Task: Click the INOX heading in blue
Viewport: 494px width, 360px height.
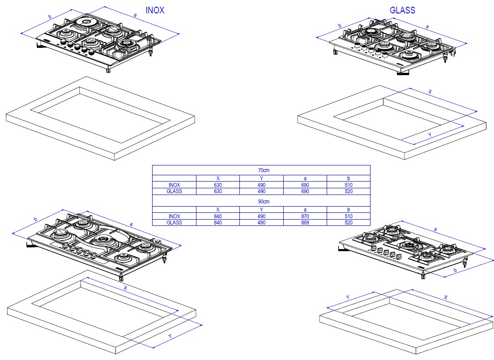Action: (155, 10)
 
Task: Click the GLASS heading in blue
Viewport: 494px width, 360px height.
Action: (402, 10)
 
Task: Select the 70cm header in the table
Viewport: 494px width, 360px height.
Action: (264, 170)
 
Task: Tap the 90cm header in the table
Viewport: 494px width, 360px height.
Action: (264, 202)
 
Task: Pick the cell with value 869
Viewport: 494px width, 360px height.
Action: (305, 223)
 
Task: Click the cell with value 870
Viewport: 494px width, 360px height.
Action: (305, 216)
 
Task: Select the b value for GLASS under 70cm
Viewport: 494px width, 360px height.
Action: (349, 191)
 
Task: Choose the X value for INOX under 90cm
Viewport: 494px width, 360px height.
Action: (218, 216)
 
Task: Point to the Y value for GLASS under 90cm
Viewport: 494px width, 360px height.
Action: (261, 223)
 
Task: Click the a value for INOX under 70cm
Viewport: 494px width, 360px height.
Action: (305, 185)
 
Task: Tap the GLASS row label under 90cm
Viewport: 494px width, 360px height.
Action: (174, 223)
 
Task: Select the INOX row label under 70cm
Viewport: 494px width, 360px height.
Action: (174, 185)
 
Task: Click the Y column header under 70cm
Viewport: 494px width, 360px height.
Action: (261, 178)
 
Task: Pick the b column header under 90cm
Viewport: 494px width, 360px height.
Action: (349, 209)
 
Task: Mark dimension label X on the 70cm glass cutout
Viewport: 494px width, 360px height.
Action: (430, 92)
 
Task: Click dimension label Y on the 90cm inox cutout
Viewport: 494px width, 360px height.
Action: (170, 336)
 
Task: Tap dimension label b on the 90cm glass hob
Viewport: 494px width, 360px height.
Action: (455, 270)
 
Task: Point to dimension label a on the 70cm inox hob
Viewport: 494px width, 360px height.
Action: (135, 15)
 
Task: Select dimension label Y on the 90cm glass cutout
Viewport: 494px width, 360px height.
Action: (348, 297)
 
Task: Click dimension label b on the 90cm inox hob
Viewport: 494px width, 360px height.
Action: (35, 219)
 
